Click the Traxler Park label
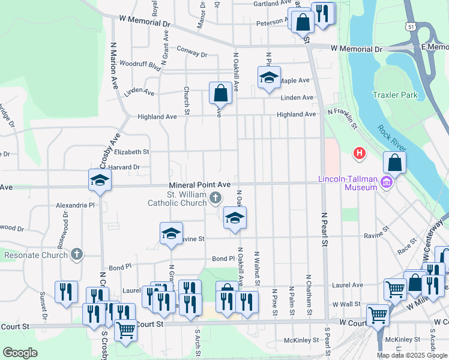coord(394,95)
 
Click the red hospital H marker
coord(360,154)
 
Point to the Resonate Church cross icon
coord(76,254)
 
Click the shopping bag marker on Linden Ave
coord(220,93)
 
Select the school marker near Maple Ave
coord(268,78)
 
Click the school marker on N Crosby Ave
coord(100,180)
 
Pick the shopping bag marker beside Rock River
coord(394,162)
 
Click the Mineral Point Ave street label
coord(200,185)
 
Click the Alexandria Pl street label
coord(76,205)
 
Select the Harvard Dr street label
coord(124,167)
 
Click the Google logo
coord(20,353)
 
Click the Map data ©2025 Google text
coord(412,355)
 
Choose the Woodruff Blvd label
coord(140,63)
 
